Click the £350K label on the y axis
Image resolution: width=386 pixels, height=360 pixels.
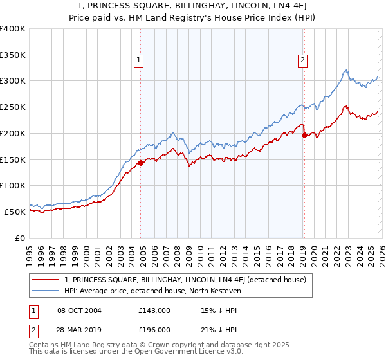[x=13, y=55]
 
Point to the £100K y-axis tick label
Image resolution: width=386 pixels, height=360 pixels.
[x=13, y=185]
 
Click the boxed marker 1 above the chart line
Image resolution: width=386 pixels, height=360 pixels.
[x=138, y=60]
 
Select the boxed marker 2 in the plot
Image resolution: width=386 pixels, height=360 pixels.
[x=302, y=60]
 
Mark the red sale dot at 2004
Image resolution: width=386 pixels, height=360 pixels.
[x=140, y=163]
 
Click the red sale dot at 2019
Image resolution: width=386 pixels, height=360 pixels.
[x=304, y=136]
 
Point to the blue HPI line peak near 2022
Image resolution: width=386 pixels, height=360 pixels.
[x=345, y=70]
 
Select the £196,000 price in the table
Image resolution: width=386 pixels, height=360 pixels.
[x=154, y=329]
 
